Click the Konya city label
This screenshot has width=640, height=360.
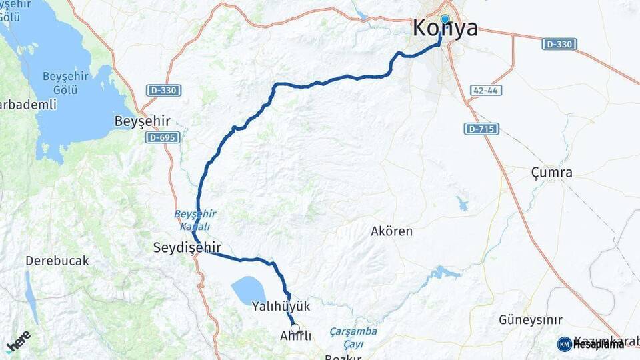pyautogui.click(x=445, y=29)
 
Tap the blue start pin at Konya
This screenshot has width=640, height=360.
pyautogui.click(x=445, y=19)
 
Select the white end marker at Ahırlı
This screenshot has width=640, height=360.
pyautogui.click(x=295, y=328)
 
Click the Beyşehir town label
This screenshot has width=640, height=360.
pyautogui.click(x=143, y=121)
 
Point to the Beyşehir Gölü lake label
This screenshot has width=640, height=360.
pyautogui.click(x=66, y=83)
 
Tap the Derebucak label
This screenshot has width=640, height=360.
pyautogui.click(x=57, y=261)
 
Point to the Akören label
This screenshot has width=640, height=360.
pyautogui.click(x=391, y=232)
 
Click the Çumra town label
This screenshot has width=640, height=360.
pyautogui.click(x=551, y=173)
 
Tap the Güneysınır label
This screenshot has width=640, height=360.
pyautogui.click(x=531, y=320)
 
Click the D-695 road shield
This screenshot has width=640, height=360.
pyautogui.click(x=163, y=137)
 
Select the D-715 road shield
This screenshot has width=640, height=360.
pyautogui.click(x=481, y=128)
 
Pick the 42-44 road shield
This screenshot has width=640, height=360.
pyautogui.click(x=485, y=90)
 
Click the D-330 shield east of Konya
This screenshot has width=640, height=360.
pyautogui.click(x=559, y=44)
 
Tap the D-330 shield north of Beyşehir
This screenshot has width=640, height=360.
pyautogui.click(x=163, y=90)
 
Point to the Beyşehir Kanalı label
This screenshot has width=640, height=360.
pyautogui.click(x=195, y=219)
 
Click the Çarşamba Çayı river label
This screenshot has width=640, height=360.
pyautogui.click(x=353, y=337)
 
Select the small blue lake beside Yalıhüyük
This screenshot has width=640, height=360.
pyautogui.click(x=248, y=290)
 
